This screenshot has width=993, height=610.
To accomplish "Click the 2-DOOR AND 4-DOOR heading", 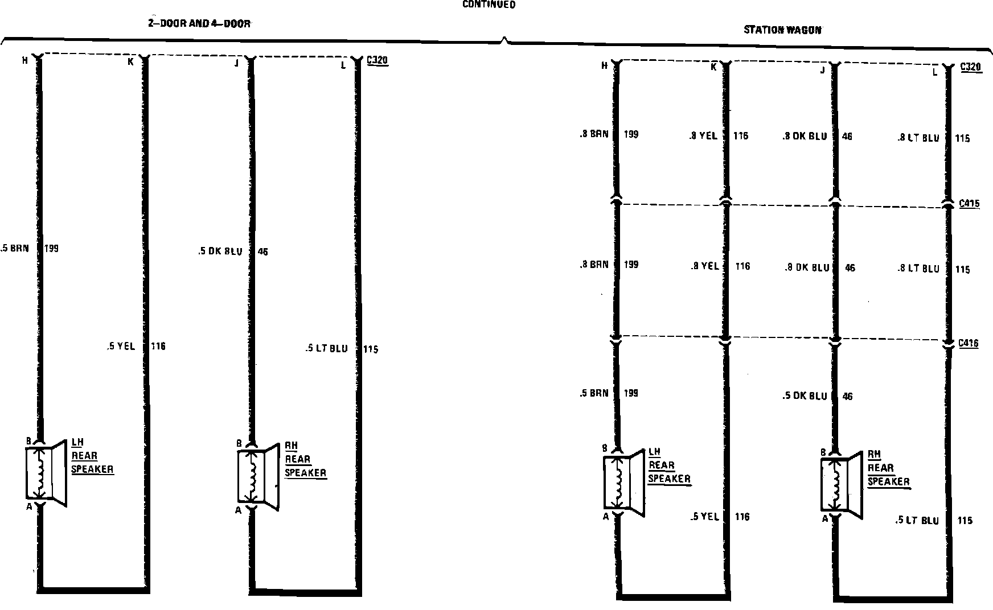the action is (x=199, y=24).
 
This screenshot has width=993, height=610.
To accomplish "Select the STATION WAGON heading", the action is (x=783, y=30).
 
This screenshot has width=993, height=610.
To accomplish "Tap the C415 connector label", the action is (x=969, y=203).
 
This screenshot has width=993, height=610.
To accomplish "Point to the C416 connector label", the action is (x=969, y=343).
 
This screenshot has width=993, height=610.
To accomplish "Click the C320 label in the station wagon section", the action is (x=970, y=67).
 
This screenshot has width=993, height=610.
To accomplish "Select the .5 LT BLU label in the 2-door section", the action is (x=326, y=348).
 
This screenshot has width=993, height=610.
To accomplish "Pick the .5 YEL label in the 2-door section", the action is (x=121, y=346).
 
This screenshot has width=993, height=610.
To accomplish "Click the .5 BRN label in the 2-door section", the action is (x=15, y=248).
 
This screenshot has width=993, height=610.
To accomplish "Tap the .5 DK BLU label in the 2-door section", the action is (x=221, y=252).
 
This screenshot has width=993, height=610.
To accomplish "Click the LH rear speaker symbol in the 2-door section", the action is (x=46, y=473).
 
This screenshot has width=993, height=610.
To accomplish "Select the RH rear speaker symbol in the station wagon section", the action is (x=842, y=484).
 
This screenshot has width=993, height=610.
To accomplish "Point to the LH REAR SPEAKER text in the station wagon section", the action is (x=669, y=465).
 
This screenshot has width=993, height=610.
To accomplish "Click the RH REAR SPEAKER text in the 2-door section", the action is (x=305, y=459).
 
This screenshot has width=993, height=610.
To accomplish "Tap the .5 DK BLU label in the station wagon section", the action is (x=805, y=396).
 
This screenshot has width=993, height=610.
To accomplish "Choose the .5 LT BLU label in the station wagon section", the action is (x=917, y=520).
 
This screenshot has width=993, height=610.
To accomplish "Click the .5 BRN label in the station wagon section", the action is (x=594, y=393).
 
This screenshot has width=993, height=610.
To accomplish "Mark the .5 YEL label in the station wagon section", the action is (x=704, y=517).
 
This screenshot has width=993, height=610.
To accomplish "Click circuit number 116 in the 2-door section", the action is (x=158, y=346).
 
